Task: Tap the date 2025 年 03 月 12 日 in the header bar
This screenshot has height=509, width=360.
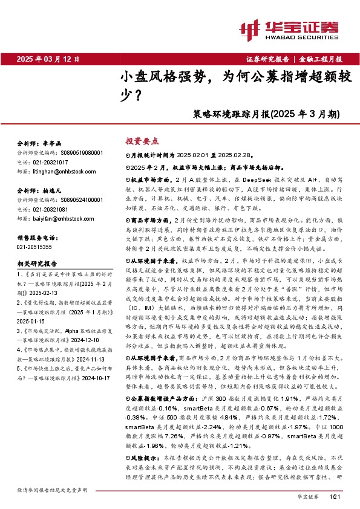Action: point(48,59)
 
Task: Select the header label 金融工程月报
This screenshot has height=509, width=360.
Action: point(321,59)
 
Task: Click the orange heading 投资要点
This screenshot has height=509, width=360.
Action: point(142,141)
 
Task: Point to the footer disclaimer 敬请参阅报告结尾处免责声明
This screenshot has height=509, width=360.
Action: point(52,489)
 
